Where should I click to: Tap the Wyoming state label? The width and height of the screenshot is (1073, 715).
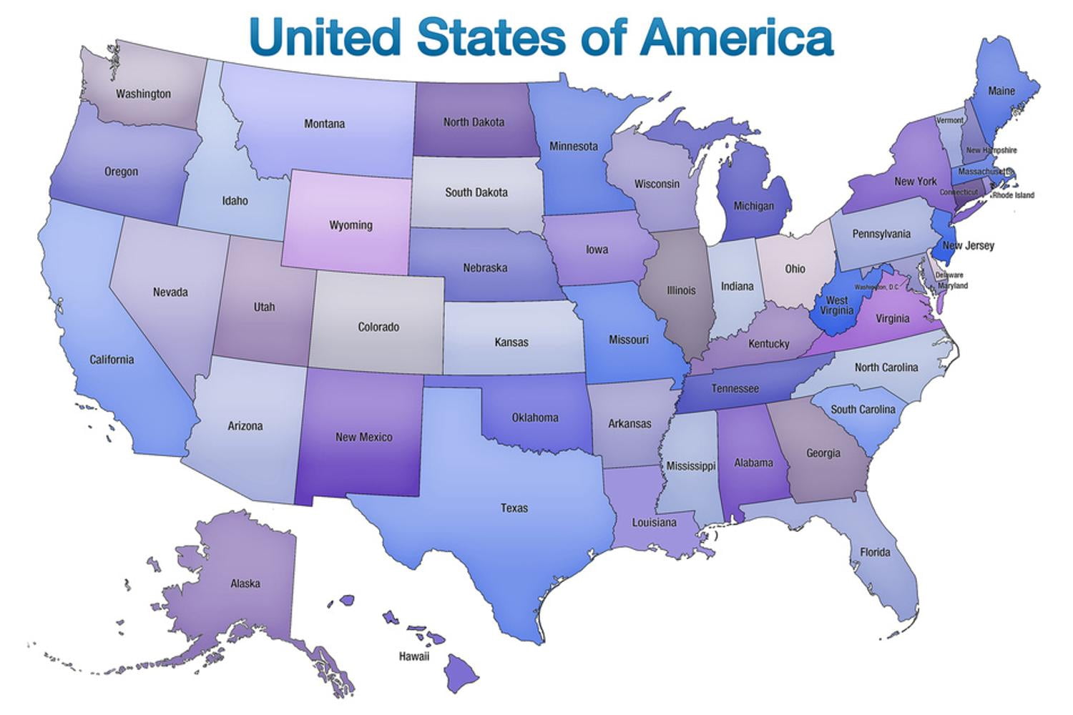coord(351,225)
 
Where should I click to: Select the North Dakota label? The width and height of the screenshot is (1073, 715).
coord(474,122)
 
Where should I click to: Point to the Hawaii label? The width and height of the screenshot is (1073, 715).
coord(414,656)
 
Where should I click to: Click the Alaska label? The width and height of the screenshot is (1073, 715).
coord(245,583)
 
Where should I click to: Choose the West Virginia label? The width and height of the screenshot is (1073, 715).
coord(836,305)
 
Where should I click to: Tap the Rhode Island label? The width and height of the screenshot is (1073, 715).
coord(1013,195)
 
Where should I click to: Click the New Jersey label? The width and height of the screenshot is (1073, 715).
coord(969,245)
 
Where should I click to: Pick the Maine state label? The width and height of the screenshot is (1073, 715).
coord(1001,91)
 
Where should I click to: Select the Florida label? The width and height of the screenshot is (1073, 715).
coord(875,552)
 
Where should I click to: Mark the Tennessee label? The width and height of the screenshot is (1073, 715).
coord(735,388)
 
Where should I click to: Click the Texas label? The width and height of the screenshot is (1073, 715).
coord(514,508)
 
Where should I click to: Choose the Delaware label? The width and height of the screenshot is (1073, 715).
coord(949,275)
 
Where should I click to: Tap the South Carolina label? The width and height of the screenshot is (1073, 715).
coord(863,410)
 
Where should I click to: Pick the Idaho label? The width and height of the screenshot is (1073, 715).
coord(235,201)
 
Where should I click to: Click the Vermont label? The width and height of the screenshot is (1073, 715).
coord(949,120)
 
